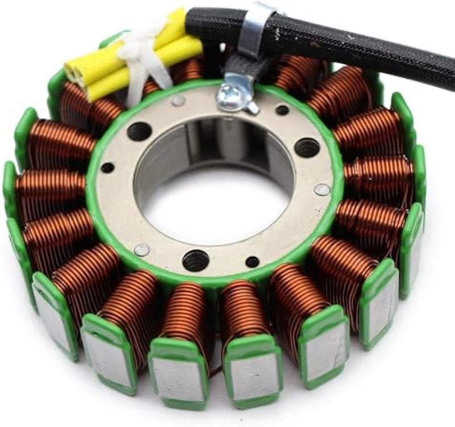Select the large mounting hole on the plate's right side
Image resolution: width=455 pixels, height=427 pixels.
point(307,148)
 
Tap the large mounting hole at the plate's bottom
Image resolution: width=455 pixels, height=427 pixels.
point(196,260)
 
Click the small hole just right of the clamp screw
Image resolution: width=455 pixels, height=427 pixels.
point(282,110)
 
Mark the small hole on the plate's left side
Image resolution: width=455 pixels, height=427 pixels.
point(107,168)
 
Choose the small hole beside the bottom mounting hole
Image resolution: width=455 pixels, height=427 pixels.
point(253,262)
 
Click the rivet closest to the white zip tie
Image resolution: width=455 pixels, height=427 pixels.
point(178,101)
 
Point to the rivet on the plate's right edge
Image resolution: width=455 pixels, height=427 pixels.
point(322,189)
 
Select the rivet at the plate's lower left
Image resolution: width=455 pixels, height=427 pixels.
point(142,249)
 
